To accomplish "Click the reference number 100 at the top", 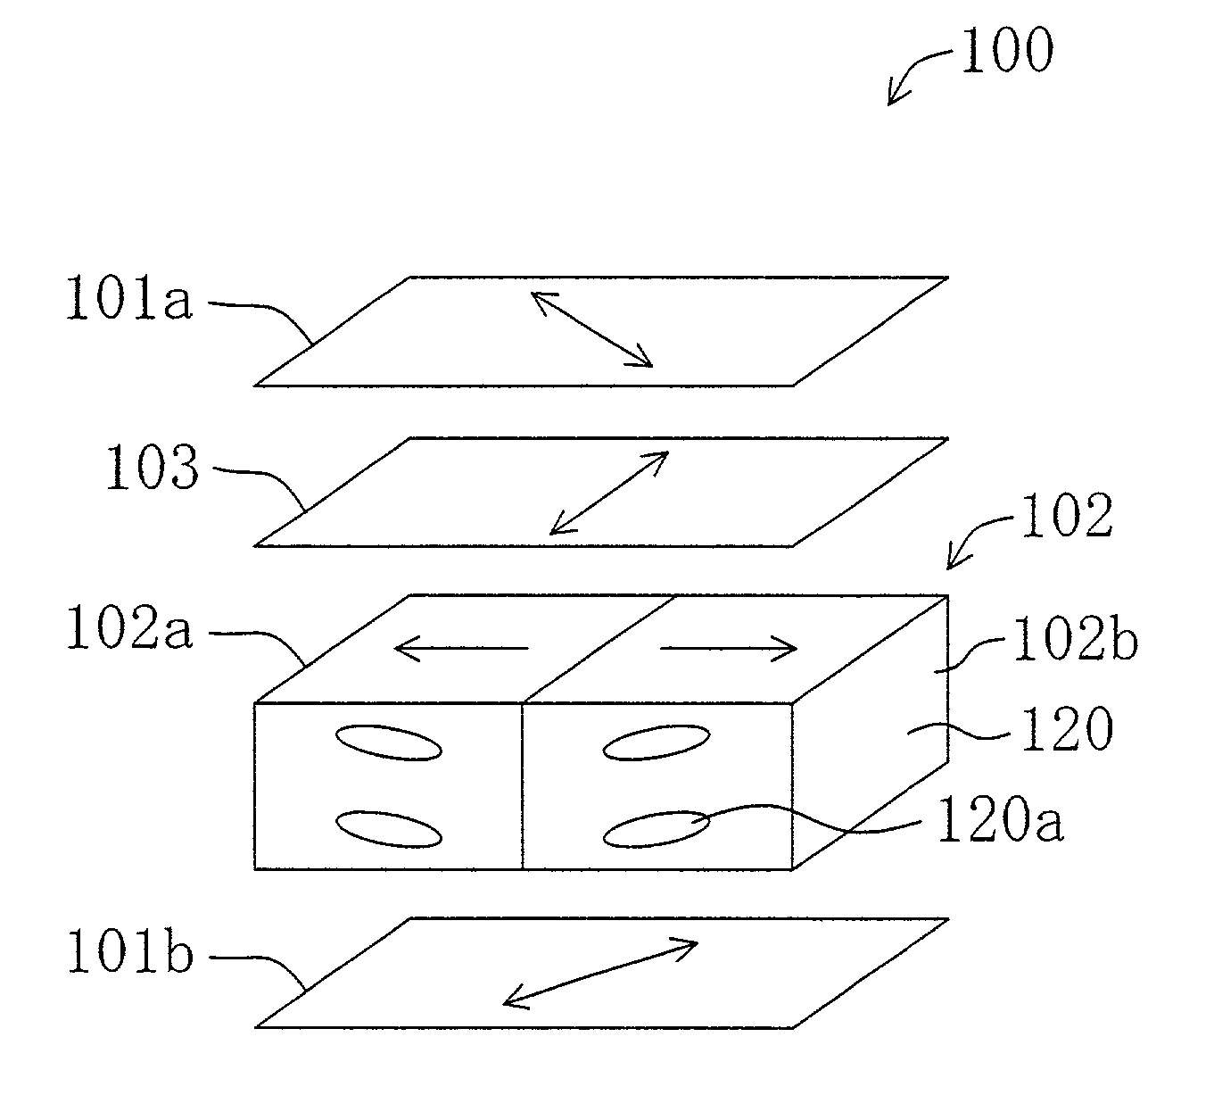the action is (1005, 51).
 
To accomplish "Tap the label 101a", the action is (128, 298).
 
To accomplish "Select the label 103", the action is (151, 468).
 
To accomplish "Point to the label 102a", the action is (129, 628).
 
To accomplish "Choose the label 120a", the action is (998, 820).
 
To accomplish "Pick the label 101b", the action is (129, 952).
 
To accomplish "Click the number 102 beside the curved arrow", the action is (1067, 516).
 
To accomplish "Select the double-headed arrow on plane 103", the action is (609, 492).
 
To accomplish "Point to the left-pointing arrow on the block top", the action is (461, 649).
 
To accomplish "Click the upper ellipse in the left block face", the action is (388, 743).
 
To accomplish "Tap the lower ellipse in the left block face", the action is (388, 828).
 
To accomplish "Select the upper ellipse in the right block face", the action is (656, 743).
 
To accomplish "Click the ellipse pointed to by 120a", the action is (656, 828).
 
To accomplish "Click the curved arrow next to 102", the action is (976, 539).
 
